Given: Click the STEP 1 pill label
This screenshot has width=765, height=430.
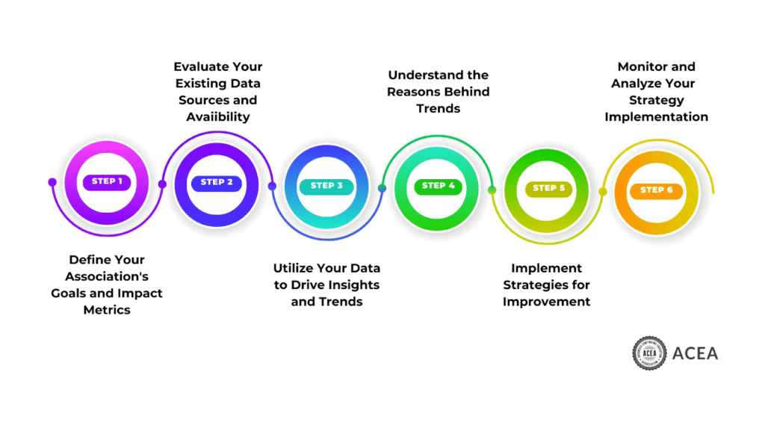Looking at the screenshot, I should (107, 181).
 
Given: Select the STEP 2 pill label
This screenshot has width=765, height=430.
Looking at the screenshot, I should (217, 182).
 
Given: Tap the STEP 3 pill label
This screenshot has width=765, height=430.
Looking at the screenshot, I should (326, 186).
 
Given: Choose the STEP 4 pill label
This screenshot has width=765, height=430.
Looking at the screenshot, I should (439, 186).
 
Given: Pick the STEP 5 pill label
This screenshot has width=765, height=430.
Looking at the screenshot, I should (548, 188).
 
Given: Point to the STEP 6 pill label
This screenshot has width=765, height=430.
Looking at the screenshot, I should (656, 190).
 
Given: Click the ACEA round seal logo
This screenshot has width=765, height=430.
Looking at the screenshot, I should (648, 353).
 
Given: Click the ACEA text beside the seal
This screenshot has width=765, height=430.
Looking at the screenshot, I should (695, 353).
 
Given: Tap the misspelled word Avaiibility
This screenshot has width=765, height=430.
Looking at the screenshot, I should (218, 116).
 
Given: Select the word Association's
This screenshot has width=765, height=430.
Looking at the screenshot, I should (107, 276).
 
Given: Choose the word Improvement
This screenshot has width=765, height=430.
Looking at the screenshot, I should (547, 302).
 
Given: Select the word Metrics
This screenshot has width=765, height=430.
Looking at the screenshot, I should (107, 309).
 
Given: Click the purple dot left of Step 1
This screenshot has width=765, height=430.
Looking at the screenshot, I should (52, 182).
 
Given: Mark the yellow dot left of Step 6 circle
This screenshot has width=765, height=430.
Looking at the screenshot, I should (603, 192).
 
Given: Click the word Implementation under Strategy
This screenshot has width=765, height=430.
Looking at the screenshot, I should (656, 116).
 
